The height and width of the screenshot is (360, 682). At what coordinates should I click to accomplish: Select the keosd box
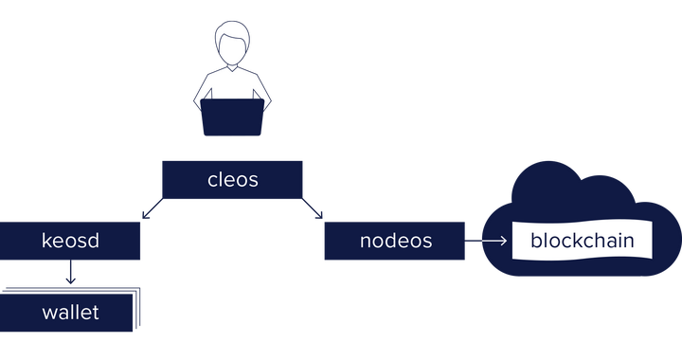click(x=71, y=241)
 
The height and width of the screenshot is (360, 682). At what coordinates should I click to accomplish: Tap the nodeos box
click(x=395, y=241)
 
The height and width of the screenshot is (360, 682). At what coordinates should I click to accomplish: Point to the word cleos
click(x=232, y=179)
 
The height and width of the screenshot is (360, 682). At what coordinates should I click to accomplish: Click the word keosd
click(x=71, y=241)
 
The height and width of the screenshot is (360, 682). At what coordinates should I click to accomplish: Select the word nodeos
click(x=395, y=241)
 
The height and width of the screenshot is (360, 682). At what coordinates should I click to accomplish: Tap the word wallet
click(x=70, y=311)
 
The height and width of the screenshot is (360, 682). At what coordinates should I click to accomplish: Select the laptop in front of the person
click(x=233, y=117)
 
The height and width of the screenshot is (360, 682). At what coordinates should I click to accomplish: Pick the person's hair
click(x=233, y=33)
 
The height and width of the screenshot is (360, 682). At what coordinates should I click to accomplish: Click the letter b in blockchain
click(x=537, y=241)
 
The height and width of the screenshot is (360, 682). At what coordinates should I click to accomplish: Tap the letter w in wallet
click(x=50, y=313)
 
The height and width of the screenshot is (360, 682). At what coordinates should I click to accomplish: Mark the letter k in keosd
click(x=46, y=241)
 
